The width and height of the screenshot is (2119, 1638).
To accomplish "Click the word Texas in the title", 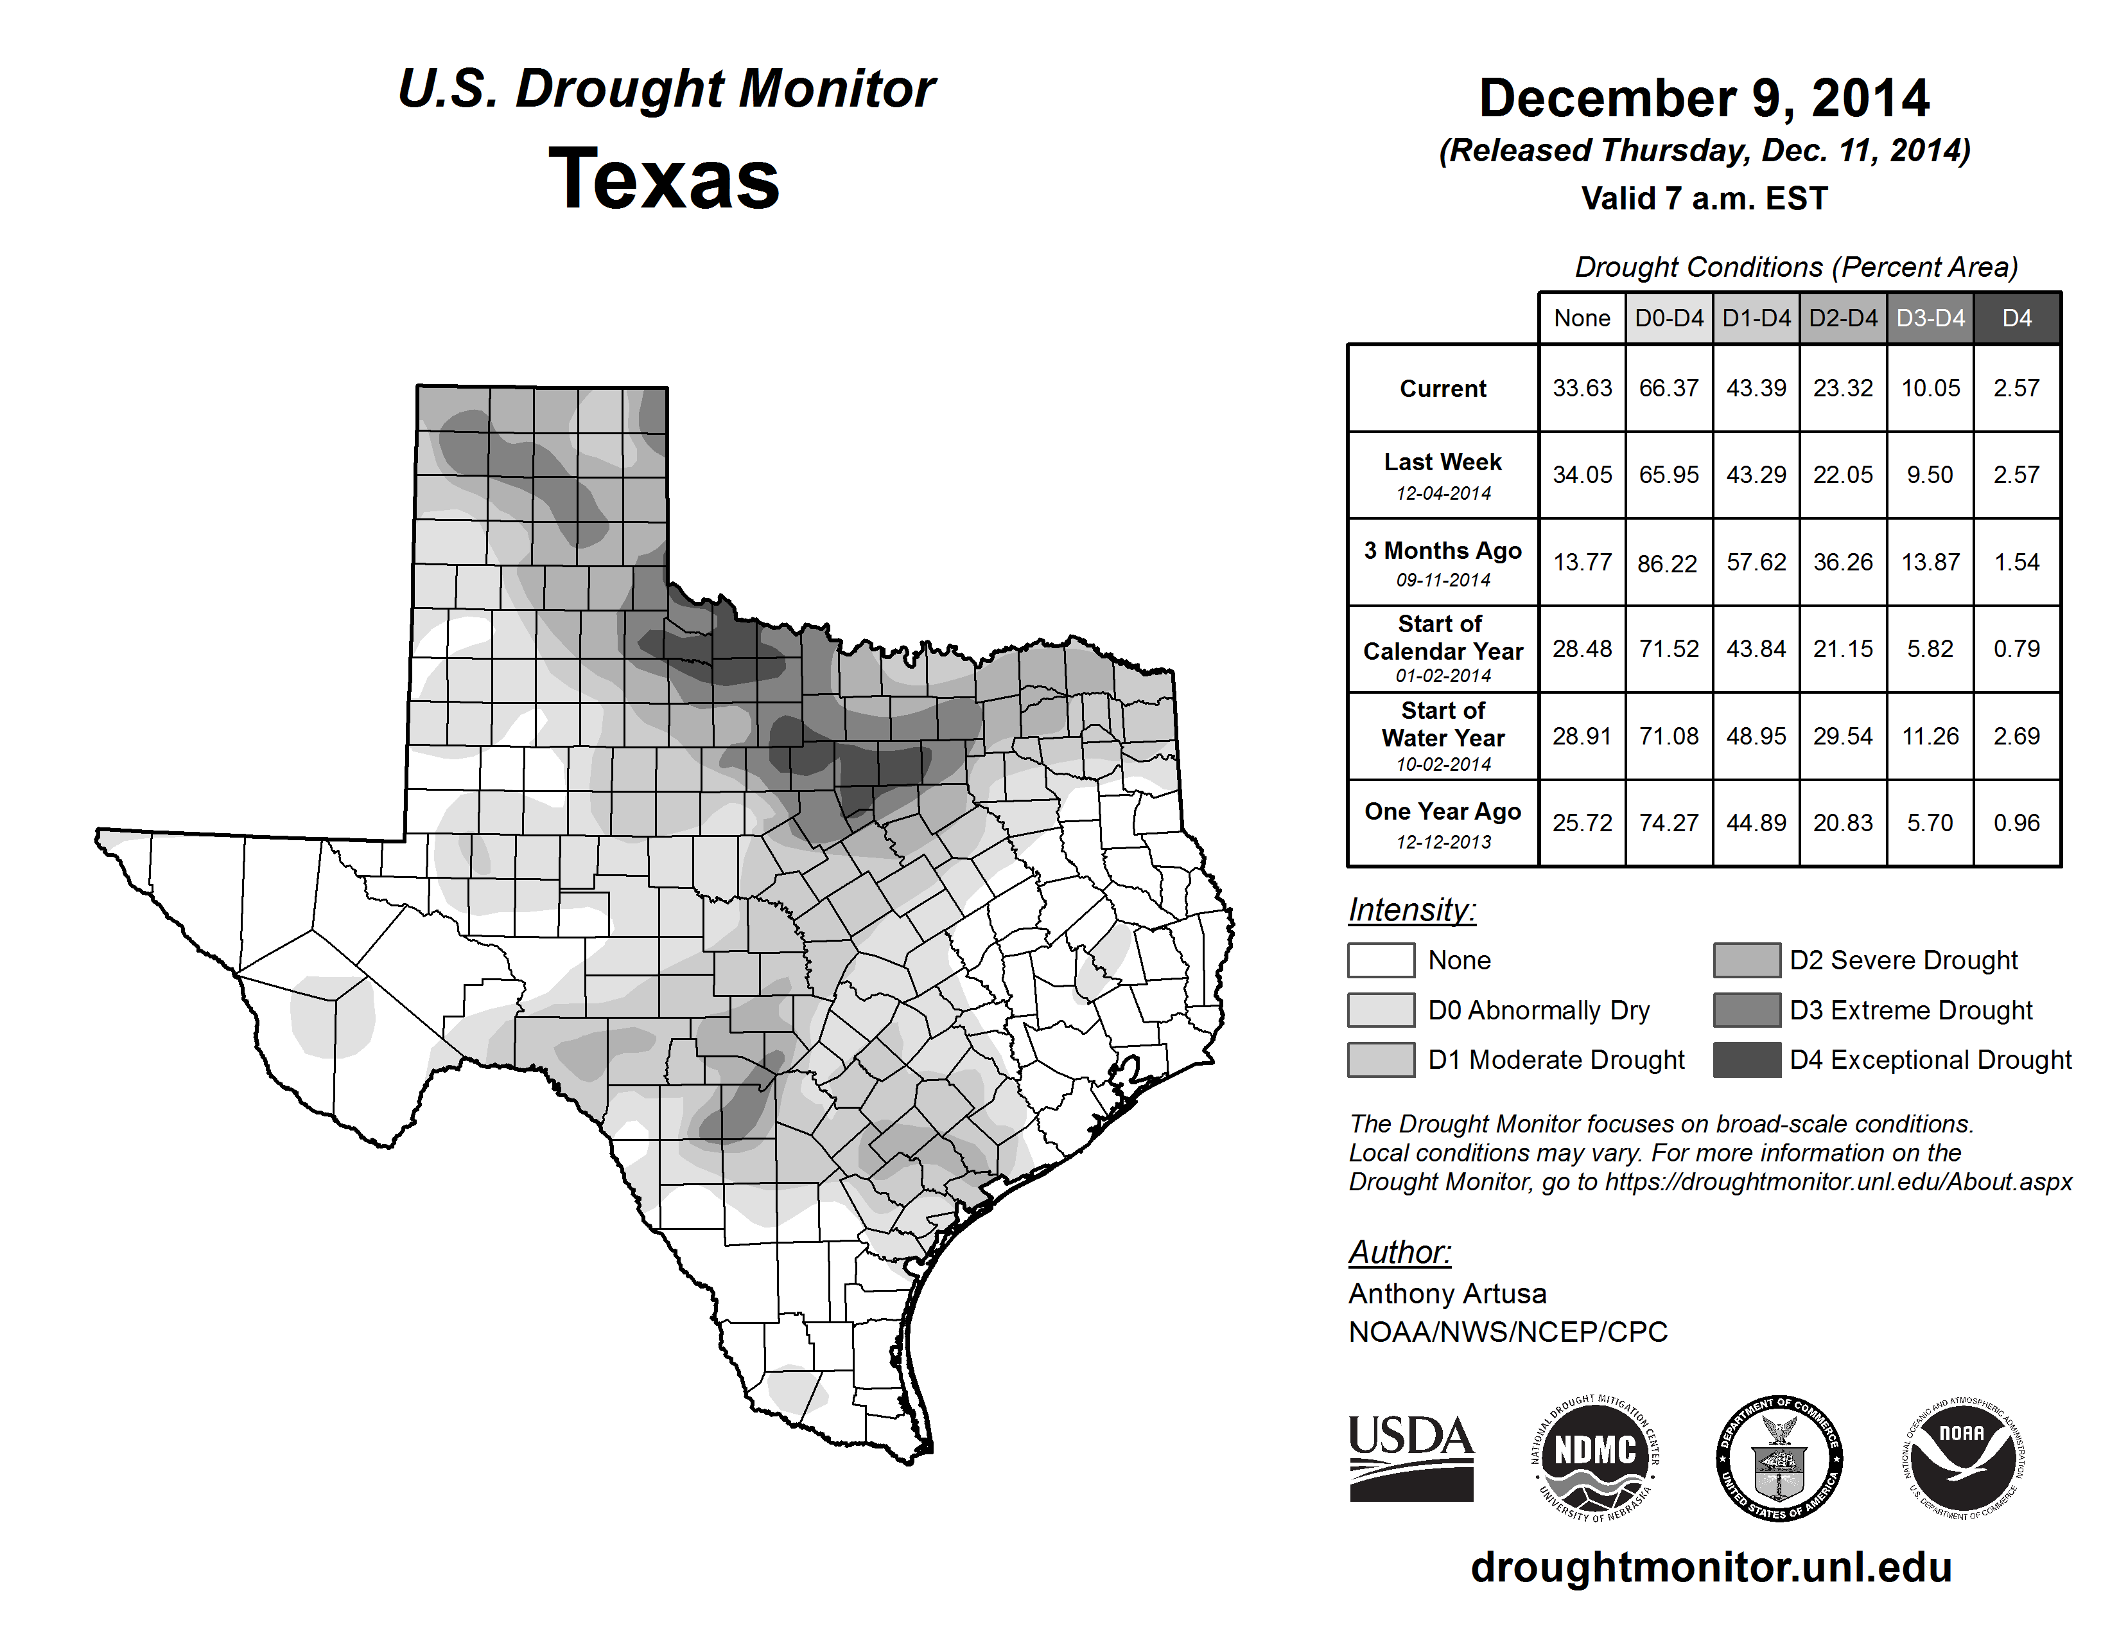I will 664,179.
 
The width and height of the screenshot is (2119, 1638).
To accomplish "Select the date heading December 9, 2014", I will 1704,98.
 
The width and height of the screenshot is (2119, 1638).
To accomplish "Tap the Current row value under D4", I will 2016,388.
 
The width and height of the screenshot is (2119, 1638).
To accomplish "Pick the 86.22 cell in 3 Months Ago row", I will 1668,563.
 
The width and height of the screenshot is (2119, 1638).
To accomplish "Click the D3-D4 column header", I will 1930,318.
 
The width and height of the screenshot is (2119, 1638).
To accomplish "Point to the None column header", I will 1582,318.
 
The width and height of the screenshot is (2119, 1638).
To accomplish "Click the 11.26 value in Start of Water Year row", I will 1930,737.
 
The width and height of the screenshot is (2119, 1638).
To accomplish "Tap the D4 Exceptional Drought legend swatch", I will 1747,1060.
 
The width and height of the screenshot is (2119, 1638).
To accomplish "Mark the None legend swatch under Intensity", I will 1381,960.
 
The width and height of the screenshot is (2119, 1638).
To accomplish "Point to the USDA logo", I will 1411,1457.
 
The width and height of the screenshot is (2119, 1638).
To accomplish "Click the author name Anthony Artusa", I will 1447,1294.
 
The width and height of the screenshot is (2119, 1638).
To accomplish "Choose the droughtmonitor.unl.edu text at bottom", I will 1711,1568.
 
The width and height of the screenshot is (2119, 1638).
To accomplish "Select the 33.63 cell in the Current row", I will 1582,388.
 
